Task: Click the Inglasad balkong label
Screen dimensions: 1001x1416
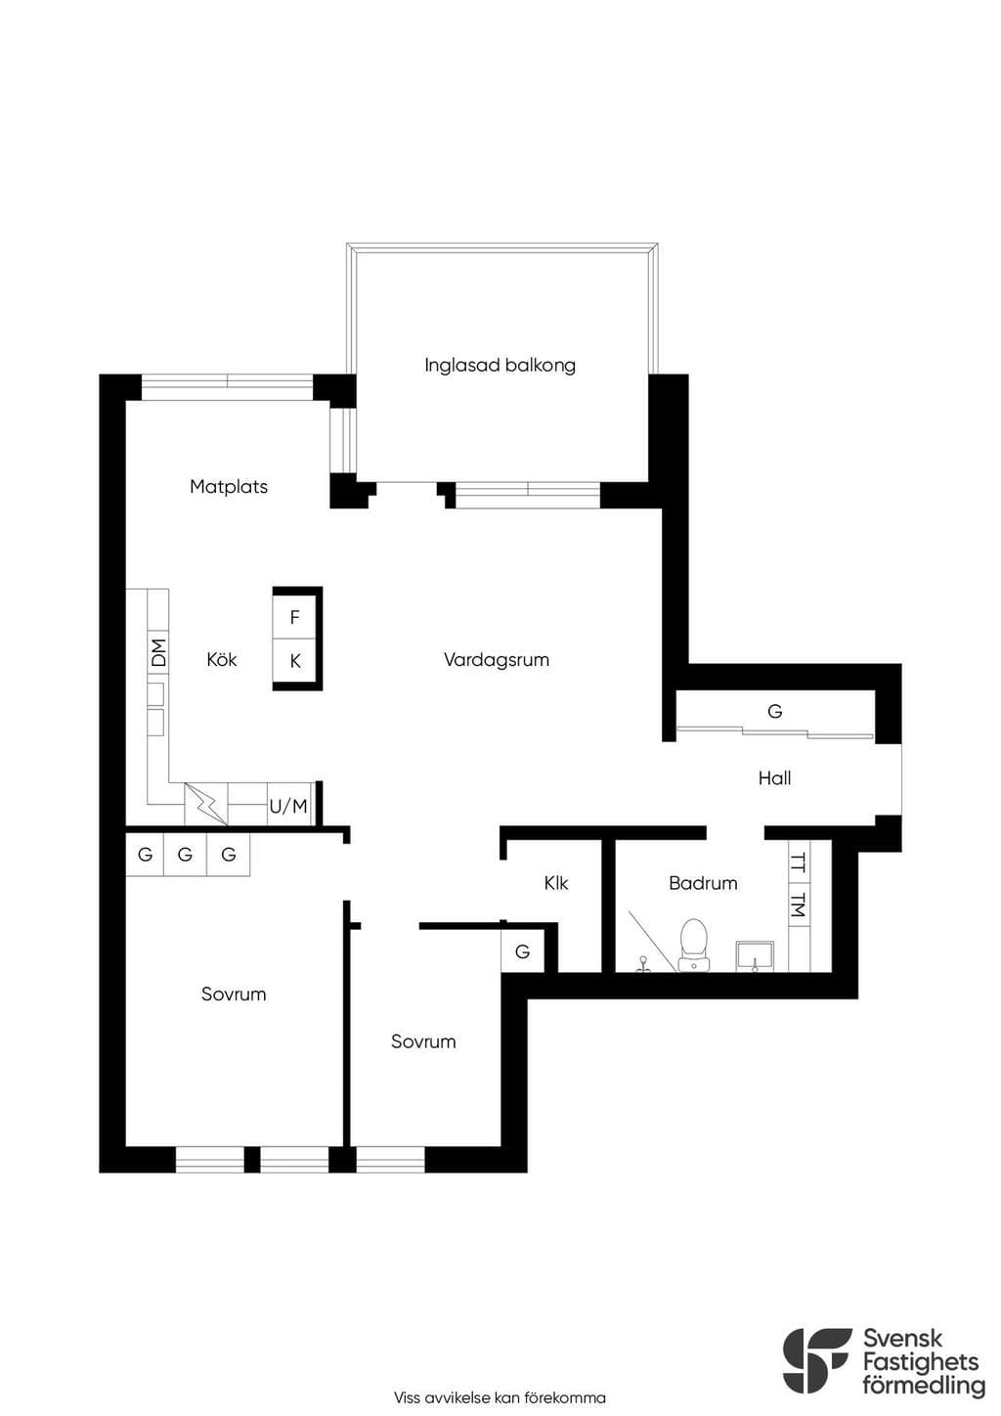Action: (x=500, y=366)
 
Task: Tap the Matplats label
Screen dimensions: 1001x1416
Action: (x=229, y=487)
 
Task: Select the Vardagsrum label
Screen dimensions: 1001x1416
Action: (x=496, y=661)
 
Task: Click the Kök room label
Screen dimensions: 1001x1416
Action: (x=222, y=660)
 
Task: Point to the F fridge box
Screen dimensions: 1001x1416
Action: (x=294, y=617)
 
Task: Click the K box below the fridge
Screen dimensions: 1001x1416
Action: (x=294, y=661)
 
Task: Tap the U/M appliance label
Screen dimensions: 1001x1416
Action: (x=288, y=807)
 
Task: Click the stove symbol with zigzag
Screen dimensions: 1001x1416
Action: (x=206, y=804)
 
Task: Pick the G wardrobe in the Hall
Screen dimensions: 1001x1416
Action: (x=775, y=712)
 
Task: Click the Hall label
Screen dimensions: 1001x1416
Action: (x=775, y=778)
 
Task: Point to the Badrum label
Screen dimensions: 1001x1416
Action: (x=704, y=883)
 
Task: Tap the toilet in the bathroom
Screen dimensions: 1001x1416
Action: (x=693, y=945)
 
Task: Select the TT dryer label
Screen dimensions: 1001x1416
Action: (x=800, y=864)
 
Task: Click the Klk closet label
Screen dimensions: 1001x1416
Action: (x=556, y=883)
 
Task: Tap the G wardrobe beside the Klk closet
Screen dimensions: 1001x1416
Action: (x=523, y=951)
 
